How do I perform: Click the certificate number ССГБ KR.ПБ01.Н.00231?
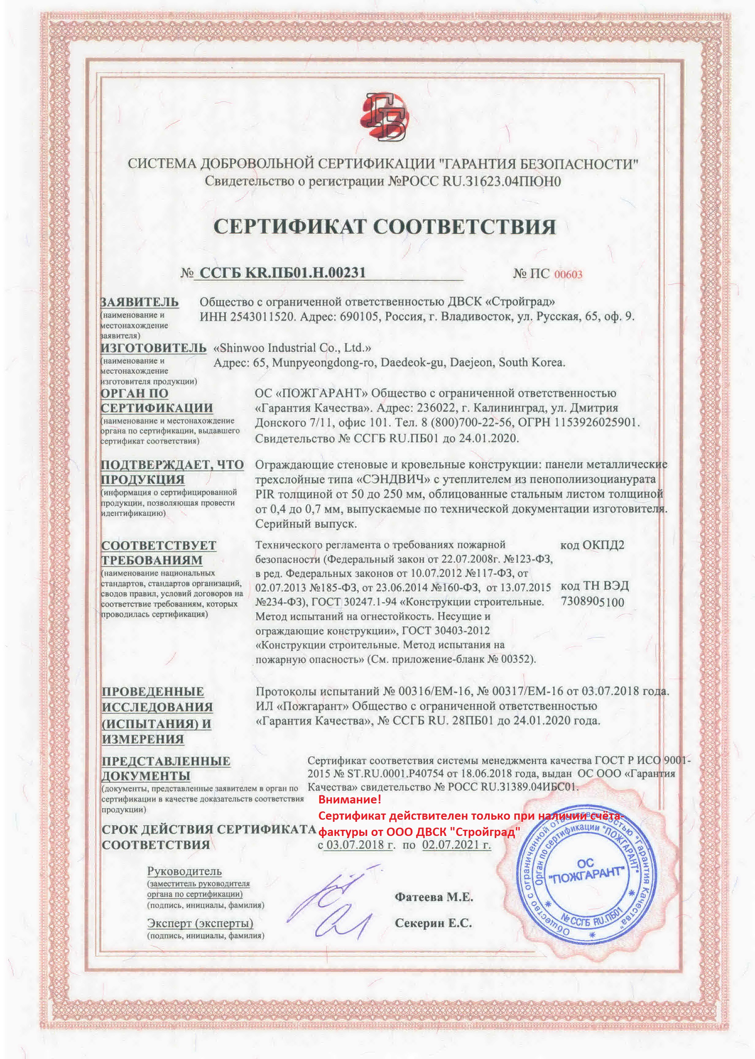[282, 272]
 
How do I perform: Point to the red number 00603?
[568, 274]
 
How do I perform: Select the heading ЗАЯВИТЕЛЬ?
[139, 302]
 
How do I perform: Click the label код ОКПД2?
[592, 545]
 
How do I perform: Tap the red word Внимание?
[349, 813]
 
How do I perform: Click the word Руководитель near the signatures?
[184, 871]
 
